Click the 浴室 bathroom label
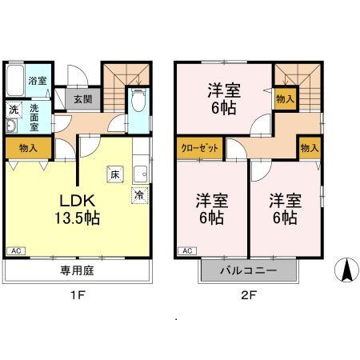click(38, 81)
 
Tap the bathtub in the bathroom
click(15, 80)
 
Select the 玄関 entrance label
click(83, 99)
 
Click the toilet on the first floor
click(138, 100)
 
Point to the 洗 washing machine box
click(14, 110)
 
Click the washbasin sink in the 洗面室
click(12, 126)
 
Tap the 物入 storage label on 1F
click(28, 148)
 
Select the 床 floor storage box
click(115, 174)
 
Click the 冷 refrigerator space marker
click(139, 195)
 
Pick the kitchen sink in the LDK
click(140, 174)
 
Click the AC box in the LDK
click(16, 251)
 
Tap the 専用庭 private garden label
click(77, 271)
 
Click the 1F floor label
click(78, 295)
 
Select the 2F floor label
click(249, 295)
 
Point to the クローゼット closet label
click(200, 148)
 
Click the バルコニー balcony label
click(249, 270)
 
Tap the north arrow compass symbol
click(346, 270)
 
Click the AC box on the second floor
click(187, 251)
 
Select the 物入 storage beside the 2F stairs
click(285, 99)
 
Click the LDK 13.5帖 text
click(78, 210)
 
